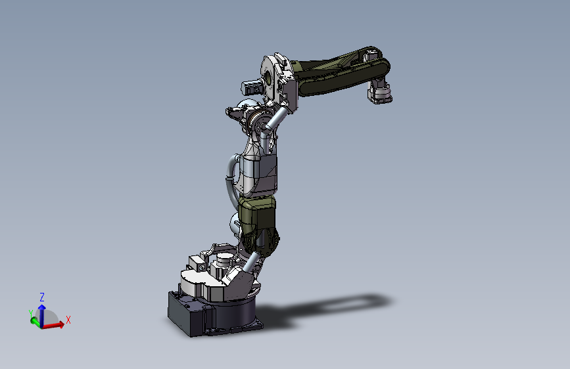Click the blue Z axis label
42,297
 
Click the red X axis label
68,320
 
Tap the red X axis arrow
55,324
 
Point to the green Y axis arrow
35,320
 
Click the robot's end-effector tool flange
381,95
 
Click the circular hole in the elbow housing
268,77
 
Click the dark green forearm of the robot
335,72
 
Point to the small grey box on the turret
197,263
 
